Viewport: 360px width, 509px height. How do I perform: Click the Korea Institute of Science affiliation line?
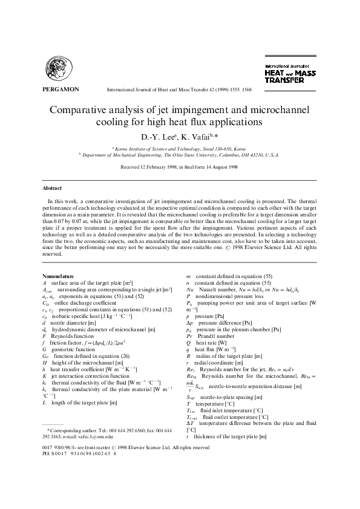pyautogui.click(x=180, y=148)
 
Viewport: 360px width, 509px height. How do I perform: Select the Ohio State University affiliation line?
pyautogui.click(x=180, y=155)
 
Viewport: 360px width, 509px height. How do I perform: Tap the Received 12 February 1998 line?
pyautogui.click(x=180, y=166)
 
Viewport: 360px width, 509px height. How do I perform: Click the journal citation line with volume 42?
pyautogui.click(x=179, y=89)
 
